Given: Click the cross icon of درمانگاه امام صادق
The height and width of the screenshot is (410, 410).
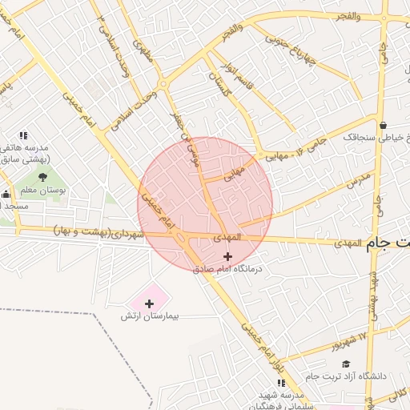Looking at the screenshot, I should (228, 256).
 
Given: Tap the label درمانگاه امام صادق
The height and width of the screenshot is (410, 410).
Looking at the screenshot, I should (227, 270).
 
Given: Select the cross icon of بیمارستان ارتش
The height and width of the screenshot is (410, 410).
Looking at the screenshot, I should (149, 303).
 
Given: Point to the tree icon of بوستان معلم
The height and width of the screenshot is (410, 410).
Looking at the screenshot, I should (42, 177).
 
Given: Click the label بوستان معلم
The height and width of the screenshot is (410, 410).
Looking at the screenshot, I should (42, 191).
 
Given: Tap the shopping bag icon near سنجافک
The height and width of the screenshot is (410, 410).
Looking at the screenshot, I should (384, 125).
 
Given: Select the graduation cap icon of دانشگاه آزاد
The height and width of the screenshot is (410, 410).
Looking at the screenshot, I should (346, 364).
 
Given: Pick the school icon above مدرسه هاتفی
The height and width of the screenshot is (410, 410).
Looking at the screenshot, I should (23, 135).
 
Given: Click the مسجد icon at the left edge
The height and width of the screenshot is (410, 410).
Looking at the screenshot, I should (6, 193).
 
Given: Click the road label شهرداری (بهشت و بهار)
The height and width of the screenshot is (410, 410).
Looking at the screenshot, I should (99, 232).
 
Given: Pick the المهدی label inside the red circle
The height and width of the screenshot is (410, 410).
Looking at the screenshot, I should (227, 238).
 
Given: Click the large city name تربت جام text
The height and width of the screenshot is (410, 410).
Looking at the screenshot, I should (389, 243).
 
